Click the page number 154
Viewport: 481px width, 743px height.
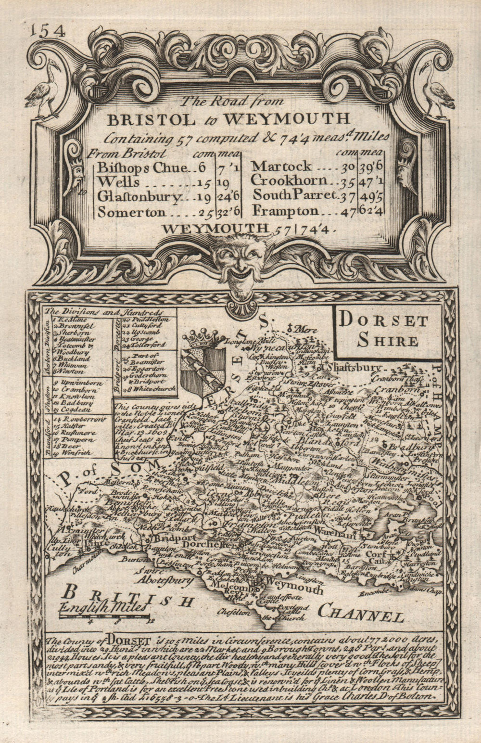click(47, 31)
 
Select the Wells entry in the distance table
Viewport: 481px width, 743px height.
click(118, 182)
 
